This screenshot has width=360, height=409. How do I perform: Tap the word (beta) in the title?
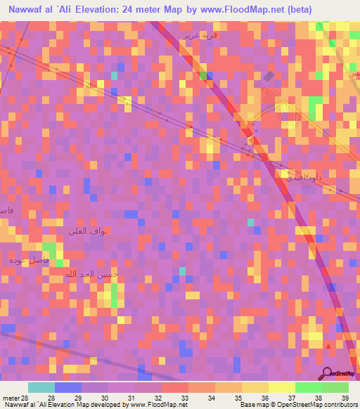[x=300, y=10]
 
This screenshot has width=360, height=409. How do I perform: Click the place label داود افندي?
[x=303, y=178]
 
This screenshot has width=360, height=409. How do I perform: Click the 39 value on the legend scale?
[x=345, y=397]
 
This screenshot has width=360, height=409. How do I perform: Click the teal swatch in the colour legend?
[x=41, y=387]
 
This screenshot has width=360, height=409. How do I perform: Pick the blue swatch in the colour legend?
[x=67, y=387]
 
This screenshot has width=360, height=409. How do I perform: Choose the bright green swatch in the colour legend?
[x=308, y=387]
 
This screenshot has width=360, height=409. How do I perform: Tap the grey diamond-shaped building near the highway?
[x=269, y=77]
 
